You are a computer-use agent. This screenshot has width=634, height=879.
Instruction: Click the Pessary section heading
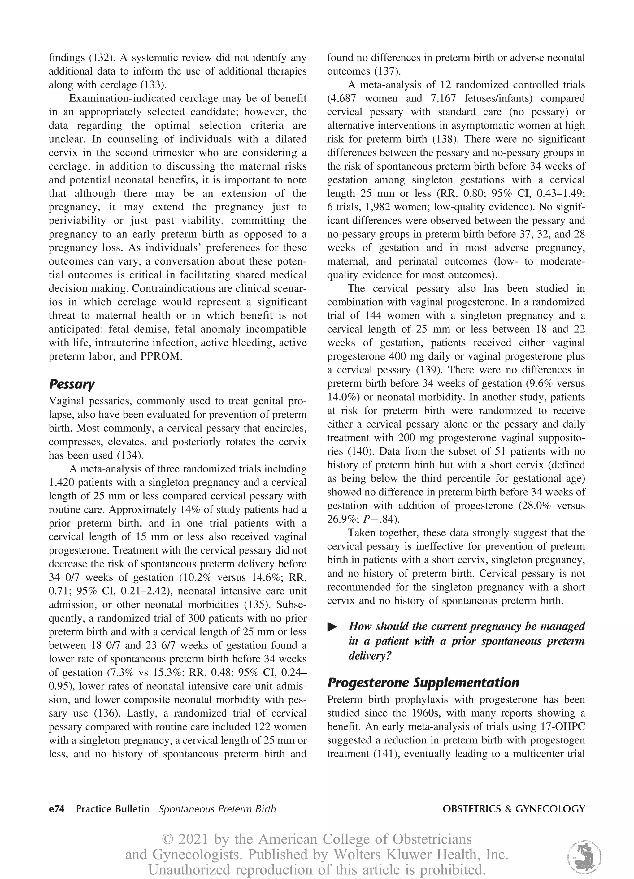tap(72, 385)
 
